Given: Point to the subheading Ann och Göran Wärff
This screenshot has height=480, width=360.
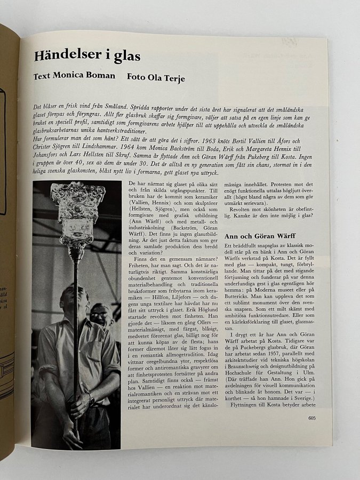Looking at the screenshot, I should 260,235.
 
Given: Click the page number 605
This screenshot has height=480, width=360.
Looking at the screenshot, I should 312,418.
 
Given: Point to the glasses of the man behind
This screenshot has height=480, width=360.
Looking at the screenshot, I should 100,315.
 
